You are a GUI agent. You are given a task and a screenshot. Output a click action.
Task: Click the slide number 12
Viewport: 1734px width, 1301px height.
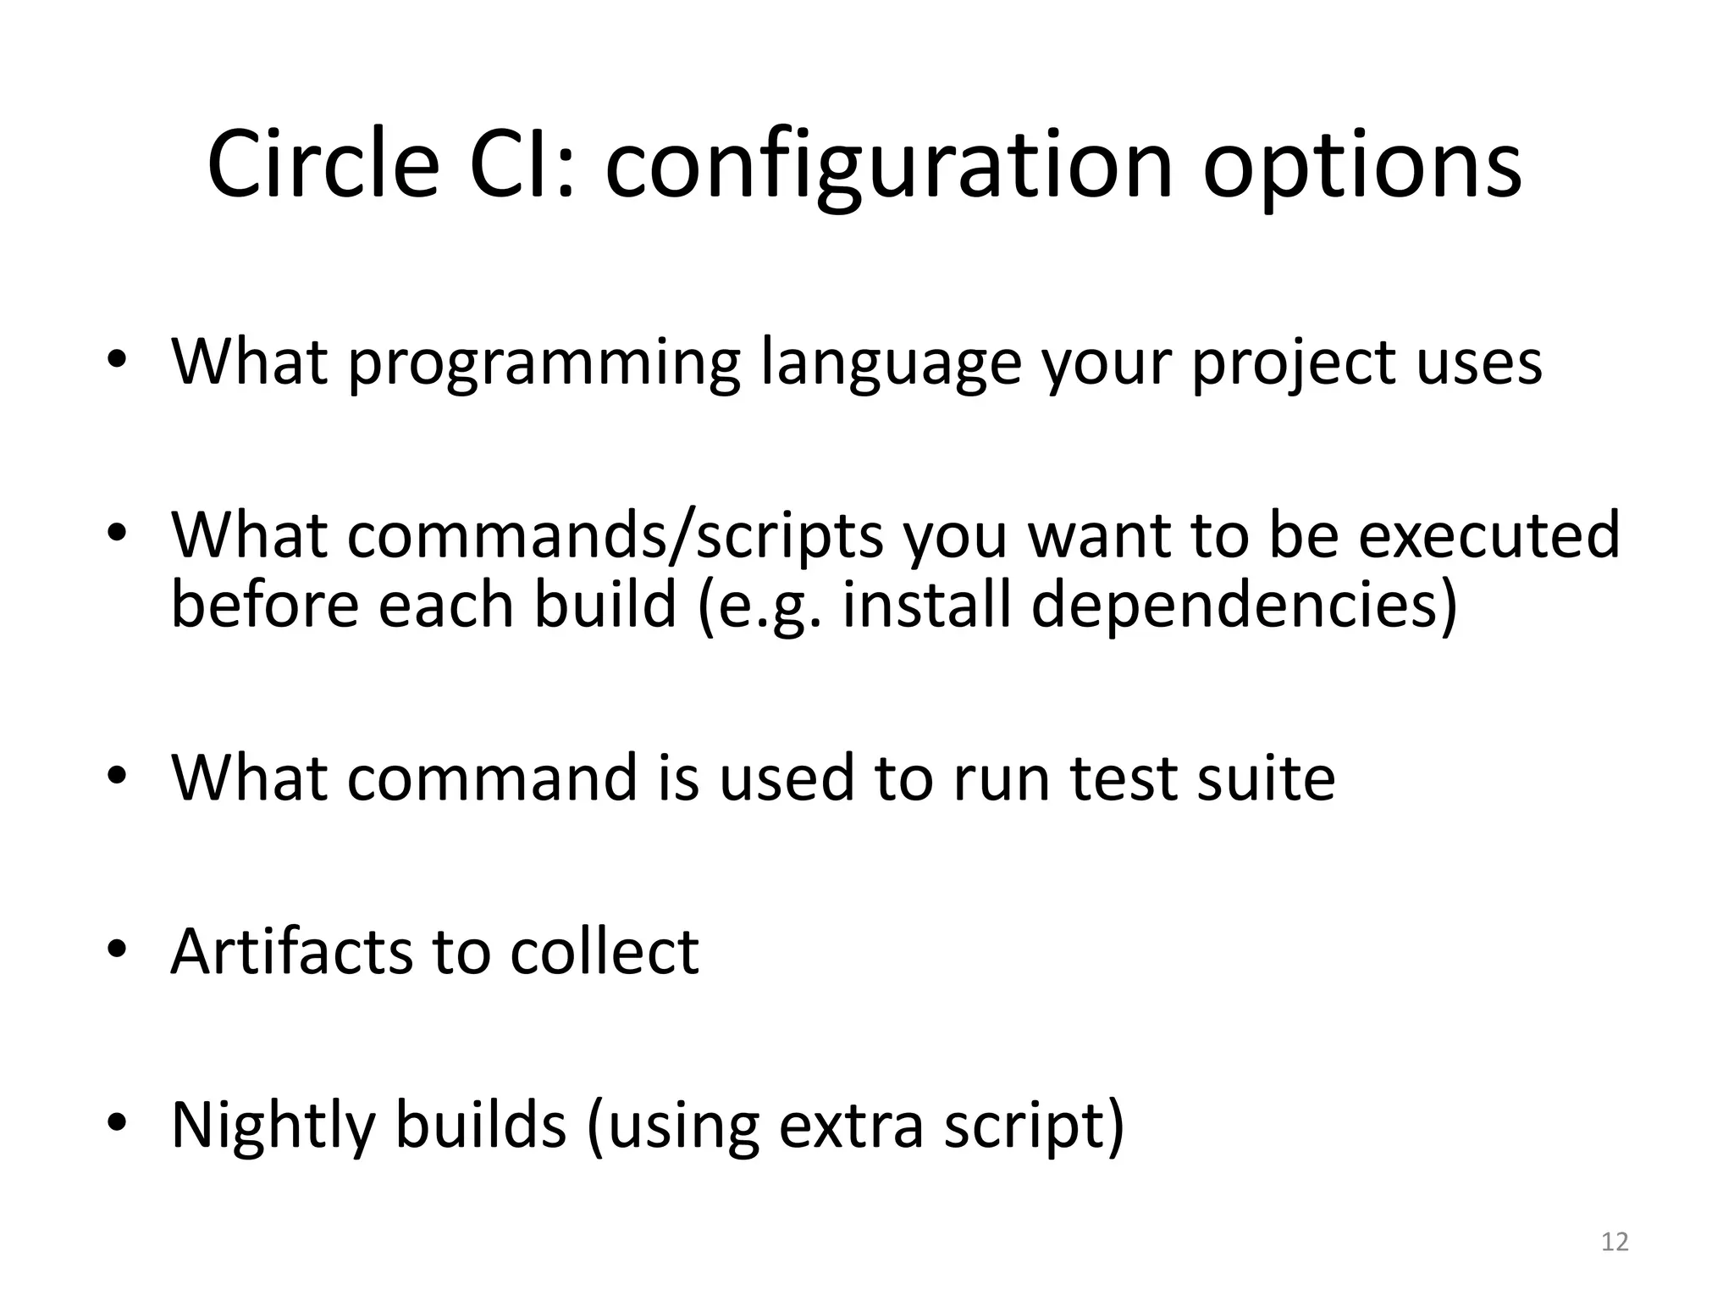[1615, 1243]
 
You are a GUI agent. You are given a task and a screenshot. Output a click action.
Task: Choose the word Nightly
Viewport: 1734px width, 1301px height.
[273, 1127]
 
